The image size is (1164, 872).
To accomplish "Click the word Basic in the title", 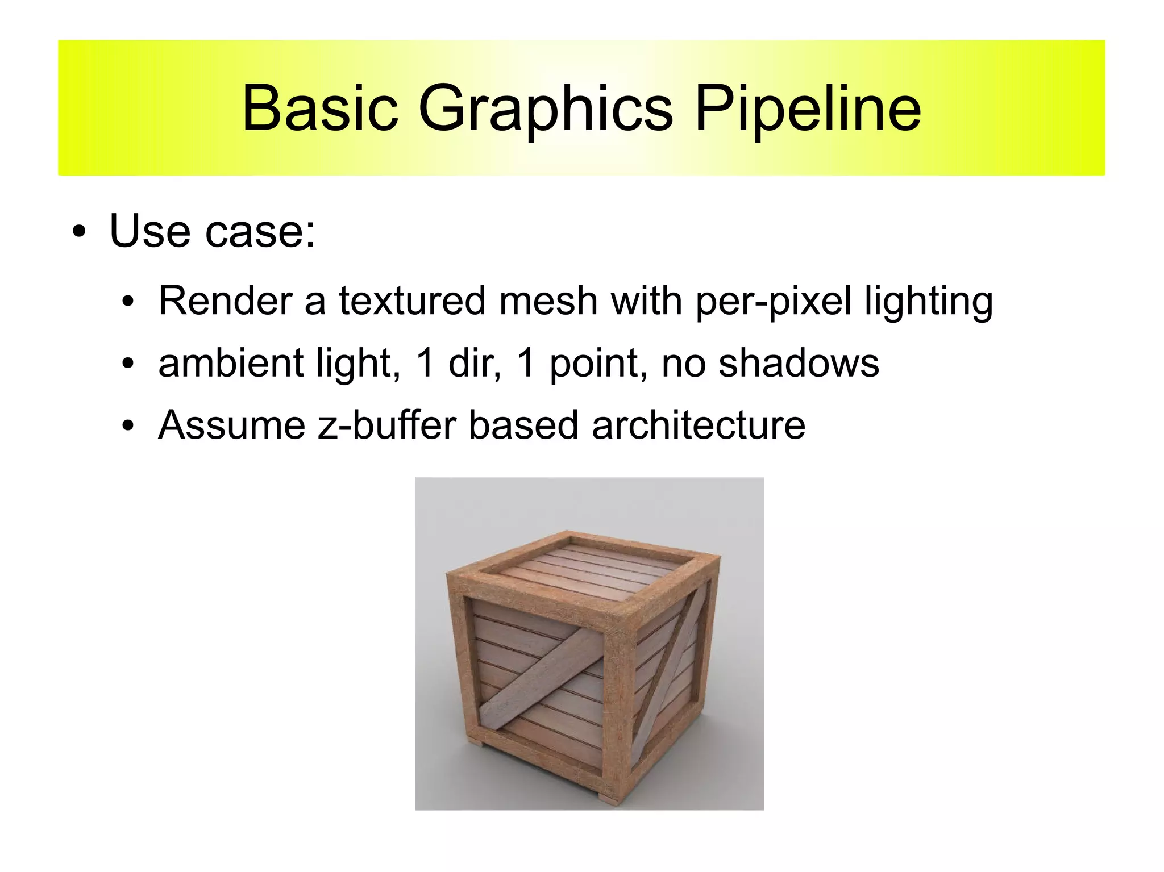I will [319, 108].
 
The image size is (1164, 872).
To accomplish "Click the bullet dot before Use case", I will [79, 232].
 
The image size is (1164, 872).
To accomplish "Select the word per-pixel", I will [773, 301].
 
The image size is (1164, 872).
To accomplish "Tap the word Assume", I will [231, 425].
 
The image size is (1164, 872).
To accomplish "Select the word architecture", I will [698, 425].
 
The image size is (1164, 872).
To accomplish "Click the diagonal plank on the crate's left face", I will [540, 676].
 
